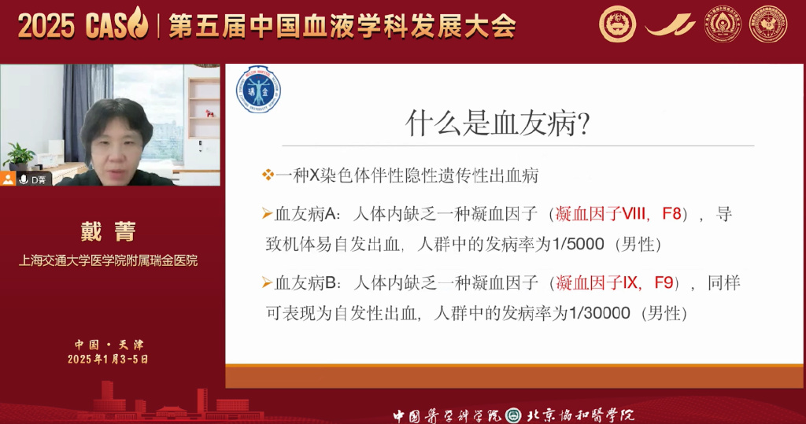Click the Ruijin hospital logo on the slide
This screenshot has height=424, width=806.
pyautogui.click(x=259, y=89)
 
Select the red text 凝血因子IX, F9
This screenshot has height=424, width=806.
pyautogui.click(x=615, y=282)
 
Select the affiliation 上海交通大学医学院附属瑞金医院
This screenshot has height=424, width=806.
pyautogui.click(x=109, y=260)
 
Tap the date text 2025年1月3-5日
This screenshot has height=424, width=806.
pyautogui.click(x=109, y=359)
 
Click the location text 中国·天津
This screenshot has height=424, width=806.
pyautogui.click(x=109, y=345)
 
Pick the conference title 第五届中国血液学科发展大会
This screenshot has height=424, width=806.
pyautogui.click(x=342, y=25)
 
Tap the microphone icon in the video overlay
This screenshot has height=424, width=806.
pyautogui.click(x=24, y=179)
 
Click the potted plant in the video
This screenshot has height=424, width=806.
pyautogui.click(x=17, y=154)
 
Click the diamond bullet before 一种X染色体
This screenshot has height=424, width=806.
pyautogui.click(x=268, y=175)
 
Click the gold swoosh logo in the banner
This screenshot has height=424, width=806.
pyautogui.click(x=670, y=25)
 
